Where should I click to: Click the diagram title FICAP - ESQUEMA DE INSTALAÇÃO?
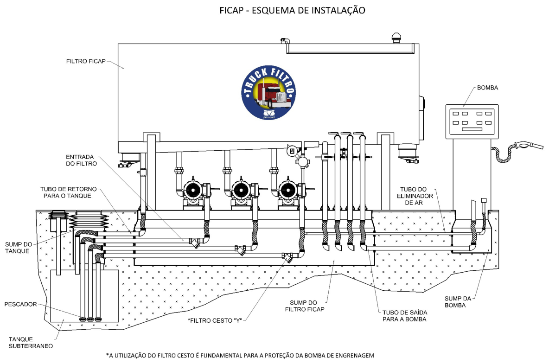click(x=293, y=10)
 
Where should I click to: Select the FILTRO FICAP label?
click(x=86, y=61)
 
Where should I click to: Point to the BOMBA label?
click(x=487, y=88)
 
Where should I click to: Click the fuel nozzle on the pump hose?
click(x=530, y=145)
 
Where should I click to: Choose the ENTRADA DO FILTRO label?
click(x=81, y=160)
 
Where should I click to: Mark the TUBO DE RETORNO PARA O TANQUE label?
click(x=68, y=192)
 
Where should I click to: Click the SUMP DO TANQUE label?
click(x=19, y=248)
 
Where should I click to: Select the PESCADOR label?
click(x=20, y=304)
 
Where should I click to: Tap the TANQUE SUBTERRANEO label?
click(x=31, y=343)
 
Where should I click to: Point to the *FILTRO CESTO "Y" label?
click(x=215, y=320)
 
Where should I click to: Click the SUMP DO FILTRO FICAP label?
click(x=305, y=306)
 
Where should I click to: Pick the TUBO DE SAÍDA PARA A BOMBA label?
click(x=404, y=316)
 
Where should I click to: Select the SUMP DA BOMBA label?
click(x=458, y=302)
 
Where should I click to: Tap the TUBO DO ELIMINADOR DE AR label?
click(x=415, y=196)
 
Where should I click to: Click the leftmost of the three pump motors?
click(x=192, y=191)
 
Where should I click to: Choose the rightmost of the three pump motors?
click(x=288, y=191)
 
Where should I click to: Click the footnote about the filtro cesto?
click(x=240, y=356)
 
